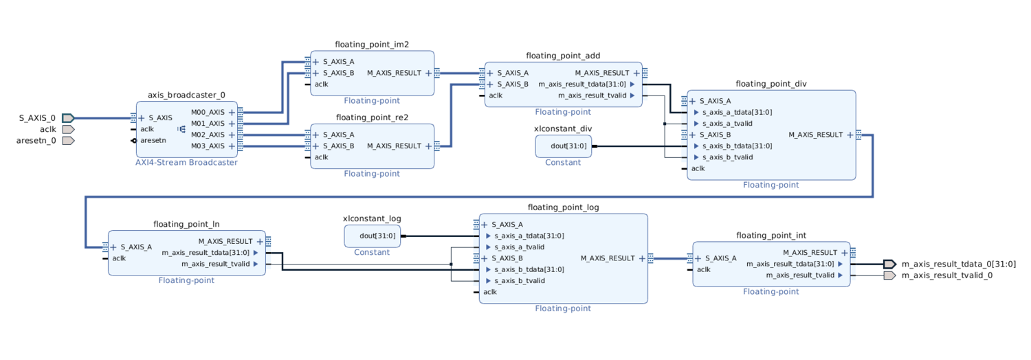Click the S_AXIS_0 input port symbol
tap(67, 118)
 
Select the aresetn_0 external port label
tap(36, 141)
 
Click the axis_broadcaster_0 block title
tap(186, 95)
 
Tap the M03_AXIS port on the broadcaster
tap(208, 146)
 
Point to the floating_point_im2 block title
tap(372, 45)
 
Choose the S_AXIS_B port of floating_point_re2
tap(338, 146)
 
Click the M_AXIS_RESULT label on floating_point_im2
tap(394, 73)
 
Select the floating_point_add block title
tap(563, 56)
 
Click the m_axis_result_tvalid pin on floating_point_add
tap(592, 95)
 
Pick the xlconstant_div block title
tap(563, 128)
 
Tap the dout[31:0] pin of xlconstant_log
tap(377, 236)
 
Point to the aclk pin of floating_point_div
tap(698, 168)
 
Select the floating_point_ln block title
tap(186, 224)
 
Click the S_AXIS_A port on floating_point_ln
tap(135, 247)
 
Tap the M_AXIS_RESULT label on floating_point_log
tap(608, 258)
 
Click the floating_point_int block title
tap(771, 236)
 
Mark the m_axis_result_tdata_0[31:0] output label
tap(958, 264)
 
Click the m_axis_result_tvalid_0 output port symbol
tap(889, 275)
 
